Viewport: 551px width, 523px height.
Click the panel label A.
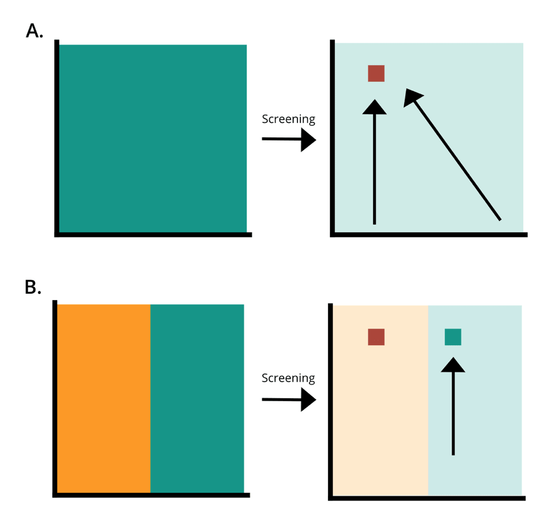(34, 31)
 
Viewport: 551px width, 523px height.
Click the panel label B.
(33, 287)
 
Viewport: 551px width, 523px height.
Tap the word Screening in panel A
(288, 119)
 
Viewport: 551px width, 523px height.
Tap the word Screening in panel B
(288, 379)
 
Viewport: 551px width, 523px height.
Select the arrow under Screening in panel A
(289, 140)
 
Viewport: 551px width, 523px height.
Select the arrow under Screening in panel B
(289, 399)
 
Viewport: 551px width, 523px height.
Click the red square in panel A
(376, 73)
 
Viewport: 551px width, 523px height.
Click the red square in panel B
(376, 337)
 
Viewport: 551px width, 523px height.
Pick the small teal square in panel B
(453, 337)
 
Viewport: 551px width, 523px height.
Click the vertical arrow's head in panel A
(374, 107)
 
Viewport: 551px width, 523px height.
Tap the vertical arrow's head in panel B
(453, 365)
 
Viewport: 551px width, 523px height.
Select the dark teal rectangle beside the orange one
(197, 398)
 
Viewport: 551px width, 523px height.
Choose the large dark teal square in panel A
(152, 139)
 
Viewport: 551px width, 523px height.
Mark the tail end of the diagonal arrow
(499, 219)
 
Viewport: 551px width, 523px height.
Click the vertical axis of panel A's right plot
(333, 139)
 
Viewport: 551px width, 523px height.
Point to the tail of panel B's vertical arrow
(453, 453)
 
